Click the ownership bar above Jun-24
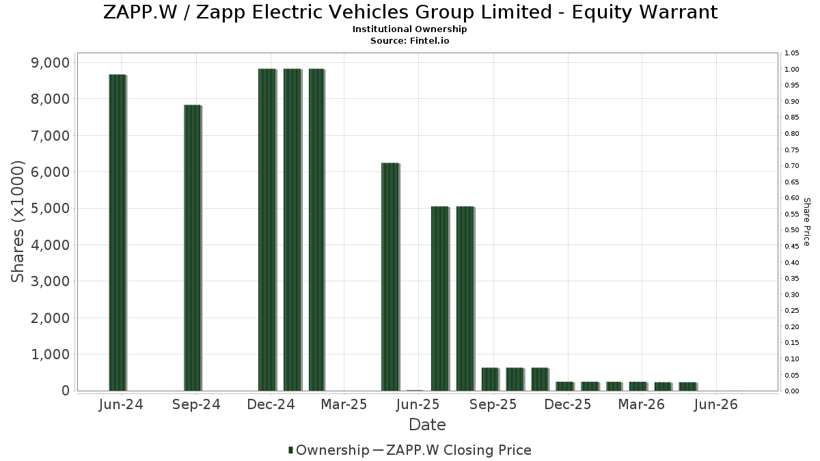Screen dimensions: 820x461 (x=118, y=233)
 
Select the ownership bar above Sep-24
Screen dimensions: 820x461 (x=193, y=248)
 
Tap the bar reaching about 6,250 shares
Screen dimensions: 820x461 (x=390, y=277)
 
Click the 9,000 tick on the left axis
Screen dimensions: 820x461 (x=50, y=63)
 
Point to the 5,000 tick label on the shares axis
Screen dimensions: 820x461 (x=50, y=208)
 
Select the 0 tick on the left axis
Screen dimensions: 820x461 (x=66, y=391)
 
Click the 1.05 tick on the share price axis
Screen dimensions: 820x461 (x=791, y=53)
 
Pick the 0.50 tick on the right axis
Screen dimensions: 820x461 (x=791, y=230)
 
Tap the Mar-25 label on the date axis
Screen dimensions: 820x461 (x=344, y=404)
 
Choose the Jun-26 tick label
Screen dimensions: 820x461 (x=715, y=404)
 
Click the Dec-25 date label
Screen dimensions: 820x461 (x=567, y=404)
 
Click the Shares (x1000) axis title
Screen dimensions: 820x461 (x=17, y=222)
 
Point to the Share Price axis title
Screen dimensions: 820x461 (x=806, y=222)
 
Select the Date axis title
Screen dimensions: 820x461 (x=427, y=425)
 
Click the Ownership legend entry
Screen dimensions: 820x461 (x=329, y=450)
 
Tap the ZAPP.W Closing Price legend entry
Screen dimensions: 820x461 (x=452, y=450)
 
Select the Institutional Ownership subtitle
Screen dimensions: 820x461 (x=409, y=29)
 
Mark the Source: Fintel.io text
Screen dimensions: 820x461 (x=409, y=40)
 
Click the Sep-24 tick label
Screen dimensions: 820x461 (x=196, y=404)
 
